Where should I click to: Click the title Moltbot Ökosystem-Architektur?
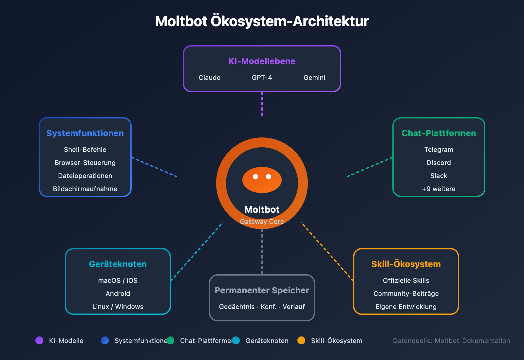point(262,21)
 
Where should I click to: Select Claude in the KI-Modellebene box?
point(210,78)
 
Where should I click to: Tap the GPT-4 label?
point(262,78)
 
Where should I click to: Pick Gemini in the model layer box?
point(314,78)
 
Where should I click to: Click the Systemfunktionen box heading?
point(85,133)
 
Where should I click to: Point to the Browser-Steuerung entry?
point(85,163)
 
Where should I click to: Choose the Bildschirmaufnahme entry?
point(85,189)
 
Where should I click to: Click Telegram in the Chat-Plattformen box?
point(439,150)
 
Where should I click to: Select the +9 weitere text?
point(439,189)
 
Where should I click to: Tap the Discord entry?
point(439,163)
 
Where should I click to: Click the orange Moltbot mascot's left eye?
point(255,177)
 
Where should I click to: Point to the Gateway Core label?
point(262,222)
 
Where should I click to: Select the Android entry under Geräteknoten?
point(118,294)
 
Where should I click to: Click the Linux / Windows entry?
point(118,307)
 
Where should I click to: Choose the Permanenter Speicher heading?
point(262,290)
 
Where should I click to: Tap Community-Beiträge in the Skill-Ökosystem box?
point(406,294)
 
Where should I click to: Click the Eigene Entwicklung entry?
point(406,307)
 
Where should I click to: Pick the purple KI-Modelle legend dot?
point(39,340)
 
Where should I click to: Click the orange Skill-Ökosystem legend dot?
point(301,340)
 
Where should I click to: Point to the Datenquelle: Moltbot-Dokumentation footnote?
point(451,341)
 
